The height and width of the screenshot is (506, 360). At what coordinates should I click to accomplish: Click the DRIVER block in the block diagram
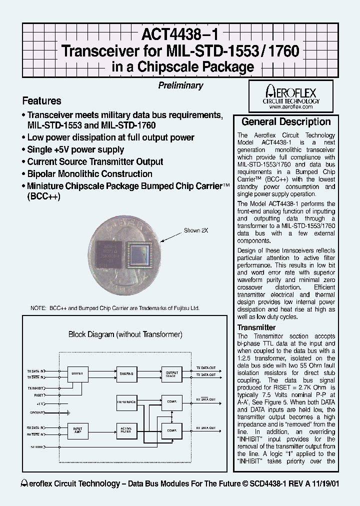[78, 372]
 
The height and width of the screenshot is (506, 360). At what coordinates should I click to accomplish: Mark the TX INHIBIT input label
[36, 387]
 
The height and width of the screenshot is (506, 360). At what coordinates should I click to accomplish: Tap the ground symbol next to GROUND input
[67, 413]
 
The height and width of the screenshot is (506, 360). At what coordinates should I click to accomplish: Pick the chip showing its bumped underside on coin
[142, 252]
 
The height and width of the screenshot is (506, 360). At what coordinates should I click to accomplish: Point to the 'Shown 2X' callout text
[195, 230]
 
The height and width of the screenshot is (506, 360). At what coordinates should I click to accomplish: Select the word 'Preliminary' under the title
[180, 85]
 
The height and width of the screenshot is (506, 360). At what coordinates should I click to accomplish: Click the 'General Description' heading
[286, 122]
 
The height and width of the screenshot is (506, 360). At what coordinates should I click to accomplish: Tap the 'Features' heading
[42, 101]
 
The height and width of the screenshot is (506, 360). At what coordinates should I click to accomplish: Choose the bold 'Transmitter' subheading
[256, 327]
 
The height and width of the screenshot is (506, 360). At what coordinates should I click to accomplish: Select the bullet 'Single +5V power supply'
[75, 149]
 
